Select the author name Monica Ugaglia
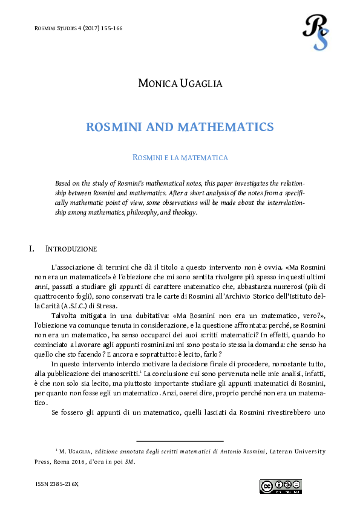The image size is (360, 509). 180,83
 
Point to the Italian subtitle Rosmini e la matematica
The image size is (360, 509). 180,158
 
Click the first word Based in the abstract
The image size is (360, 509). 64,183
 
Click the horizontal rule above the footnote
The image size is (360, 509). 180,442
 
